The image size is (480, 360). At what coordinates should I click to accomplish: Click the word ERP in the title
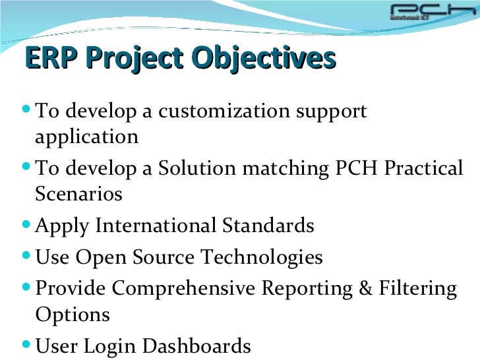click(x=50, y=59)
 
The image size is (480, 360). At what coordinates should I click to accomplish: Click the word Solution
click(x=197, y=169)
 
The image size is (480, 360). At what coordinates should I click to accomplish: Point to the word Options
click(x=73, y=315)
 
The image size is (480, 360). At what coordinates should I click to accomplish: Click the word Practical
click(x=423, y=169)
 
